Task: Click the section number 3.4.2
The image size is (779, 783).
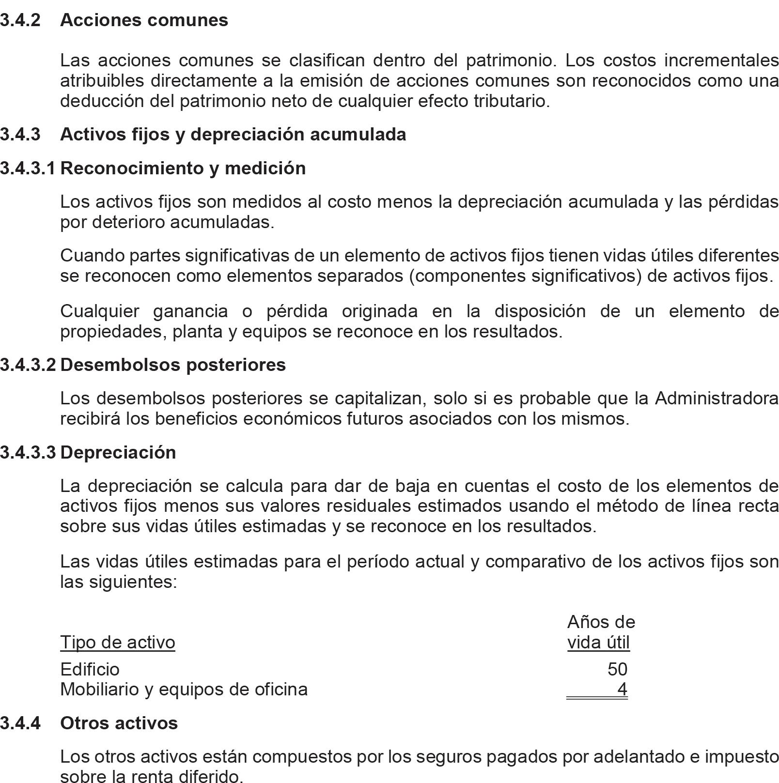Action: tap(20, 20)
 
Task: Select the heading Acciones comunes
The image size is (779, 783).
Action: tap(144, 20)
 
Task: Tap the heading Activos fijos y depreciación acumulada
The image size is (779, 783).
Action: tap(233, 135)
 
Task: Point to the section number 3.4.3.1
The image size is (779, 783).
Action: tap(28, 169)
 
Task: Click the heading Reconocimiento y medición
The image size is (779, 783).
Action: tap(183, 169)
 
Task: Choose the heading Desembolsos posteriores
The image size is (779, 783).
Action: tap(173, 365)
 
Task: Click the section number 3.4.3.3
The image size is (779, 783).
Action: tap(28, 452)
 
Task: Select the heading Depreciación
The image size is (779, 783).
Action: tap(118, 452)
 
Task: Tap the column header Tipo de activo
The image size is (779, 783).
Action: tap(117, 642)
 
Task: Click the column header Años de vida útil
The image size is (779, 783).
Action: tap(600, 632)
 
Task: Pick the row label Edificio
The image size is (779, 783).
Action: tap(90, 669)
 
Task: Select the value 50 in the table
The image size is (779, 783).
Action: tap(617, 669)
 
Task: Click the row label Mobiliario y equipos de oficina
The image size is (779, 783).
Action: tap(184, 689)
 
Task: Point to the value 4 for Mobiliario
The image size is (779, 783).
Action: tap(623, 689)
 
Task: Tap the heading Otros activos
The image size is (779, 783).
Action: tap(119, 723)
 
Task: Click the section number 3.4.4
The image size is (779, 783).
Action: tap(20, 723)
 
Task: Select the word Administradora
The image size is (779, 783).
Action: tap(717, 399)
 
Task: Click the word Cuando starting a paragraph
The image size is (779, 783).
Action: tap(91, 255)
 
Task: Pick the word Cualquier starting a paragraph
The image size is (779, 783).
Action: tap(99, 311)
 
